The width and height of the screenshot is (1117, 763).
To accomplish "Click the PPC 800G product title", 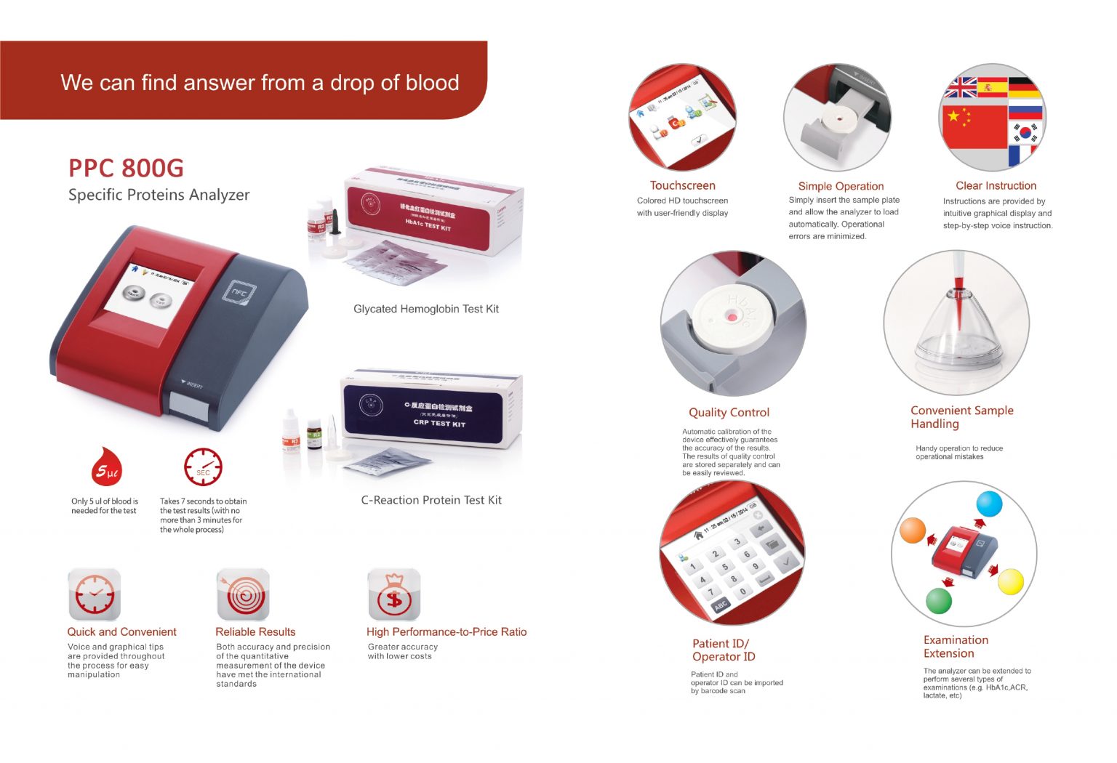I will tap(126, 168).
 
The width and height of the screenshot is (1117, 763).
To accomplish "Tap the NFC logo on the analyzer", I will tap(238, 293).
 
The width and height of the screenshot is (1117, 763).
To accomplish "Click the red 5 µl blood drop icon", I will tap(107, 469).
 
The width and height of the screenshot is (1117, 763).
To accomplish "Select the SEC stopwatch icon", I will tap(203, 467).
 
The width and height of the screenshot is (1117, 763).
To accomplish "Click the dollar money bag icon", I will tap(393, 595).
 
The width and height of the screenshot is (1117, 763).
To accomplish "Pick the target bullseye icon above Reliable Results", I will tap(243, 594).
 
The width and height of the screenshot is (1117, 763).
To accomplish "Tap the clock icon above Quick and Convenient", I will tap(94, 594).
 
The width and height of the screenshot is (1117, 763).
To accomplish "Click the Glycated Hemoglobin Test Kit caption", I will tap(426, 309).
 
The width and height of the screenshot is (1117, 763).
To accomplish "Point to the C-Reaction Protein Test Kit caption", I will tap(431, 500).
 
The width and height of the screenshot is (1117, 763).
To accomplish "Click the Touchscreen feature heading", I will tap(682, 185).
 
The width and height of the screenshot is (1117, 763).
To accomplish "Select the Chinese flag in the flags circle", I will tap(973, 123).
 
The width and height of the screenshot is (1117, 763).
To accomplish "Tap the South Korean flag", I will tap(1025, 132).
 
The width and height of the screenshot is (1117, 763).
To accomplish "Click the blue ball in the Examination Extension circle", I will tap(989, 504).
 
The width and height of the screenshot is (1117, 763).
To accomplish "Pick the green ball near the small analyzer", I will tap(938, 601).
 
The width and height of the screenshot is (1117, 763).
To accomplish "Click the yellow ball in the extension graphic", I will tap(1010, 582).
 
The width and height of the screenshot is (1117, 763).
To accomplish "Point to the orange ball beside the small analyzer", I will tap(913, 530).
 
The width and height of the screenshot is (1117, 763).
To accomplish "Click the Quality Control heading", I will tap(729, 412).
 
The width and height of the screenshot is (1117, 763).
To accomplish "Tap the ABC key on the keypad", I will tap(720, 605).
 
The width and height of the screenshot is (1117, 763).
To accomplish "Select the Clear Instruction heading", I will tap(996, 185).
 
